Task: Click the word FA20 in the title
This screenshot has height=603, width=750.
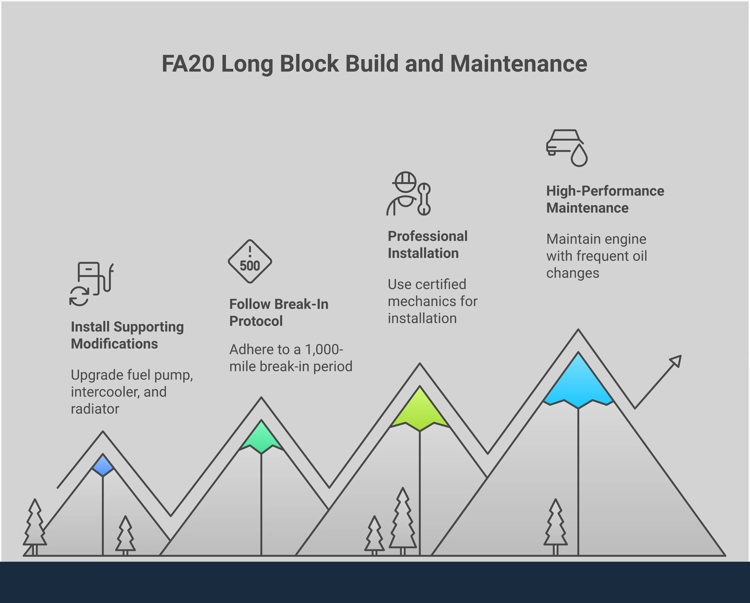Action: [188, 64]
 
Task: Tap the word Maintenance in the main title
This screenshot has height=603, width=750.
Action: [519, 64]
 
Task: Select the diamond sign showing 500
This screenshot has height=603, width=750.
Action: [250, 262]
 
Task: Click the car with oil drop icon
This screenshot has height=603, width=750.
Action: [566, 147]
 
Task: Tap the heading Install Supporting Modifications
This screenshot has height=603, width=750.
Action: [127, 335]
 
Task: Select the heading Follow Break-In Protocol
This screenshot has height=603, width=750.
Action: [279, 312]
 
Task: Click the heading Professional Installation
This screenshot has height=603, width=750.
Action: [428, 245]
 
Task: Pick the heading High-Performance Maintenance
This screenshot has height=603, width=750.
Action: [605, 199]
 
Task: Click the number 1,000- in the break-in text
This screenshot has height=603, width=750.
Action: [324, 349]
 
